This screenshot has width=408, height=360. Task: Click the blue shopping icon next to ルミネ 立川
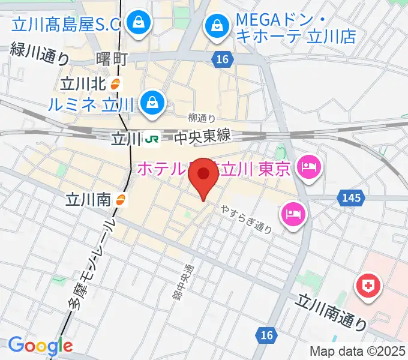(x=153, y=103)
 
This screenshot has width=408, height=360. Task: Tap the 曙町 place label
(x=112, y=59)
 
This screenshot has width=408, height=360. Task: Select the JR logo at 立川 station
(x=152, y=139)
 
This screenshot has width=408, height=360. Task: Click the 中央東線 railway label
(x=202, y=137)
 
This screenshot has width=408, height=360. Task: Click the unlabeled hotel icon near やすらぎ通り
(x=293, y=212)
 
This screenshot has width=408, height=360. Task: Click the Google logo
(x=40, y=346)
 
